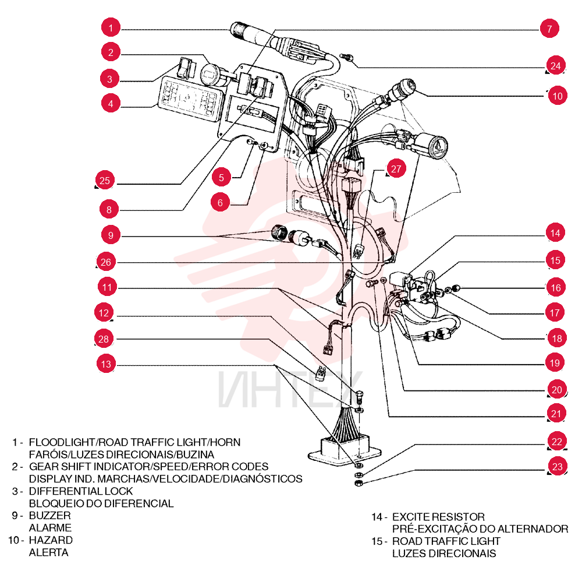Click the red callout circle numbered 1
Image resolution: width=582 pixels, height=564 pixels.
point(111,27)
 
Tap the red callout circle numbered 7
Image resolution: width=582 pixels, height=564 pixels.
point(549,28)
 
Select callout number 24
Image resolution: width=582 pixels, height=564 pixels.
point(555,65)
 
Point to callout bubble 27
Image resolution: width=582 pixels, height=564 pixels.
point(396,169)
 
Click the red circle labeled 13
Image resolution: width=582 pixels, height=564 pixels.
point(106,364)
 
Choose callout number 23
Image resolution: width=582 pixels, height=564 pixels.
point(557,466)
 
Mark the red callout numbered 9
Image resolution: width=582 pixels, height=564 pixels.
point(111,235)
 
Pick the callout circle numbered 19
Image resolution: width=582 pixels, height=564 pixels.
point(555,362)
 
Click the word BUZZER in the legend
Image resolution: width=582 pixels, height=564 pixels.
point(49,515)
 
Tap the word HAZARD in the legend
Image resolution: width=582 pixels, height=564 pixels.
point(51,540)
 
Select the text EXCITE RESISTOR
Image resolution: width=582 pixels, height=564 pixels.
point(438,517)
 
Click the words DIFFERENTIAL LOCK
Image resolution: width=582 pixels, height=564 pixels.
point(81,491)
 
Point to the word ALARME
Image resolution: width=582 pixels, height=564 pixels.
point(50,528)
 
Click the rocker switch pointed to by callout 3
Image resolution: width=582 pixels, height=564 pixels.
point(187,68)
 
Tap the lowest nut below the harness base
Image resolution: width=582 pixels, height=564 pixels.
point(358,483)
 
